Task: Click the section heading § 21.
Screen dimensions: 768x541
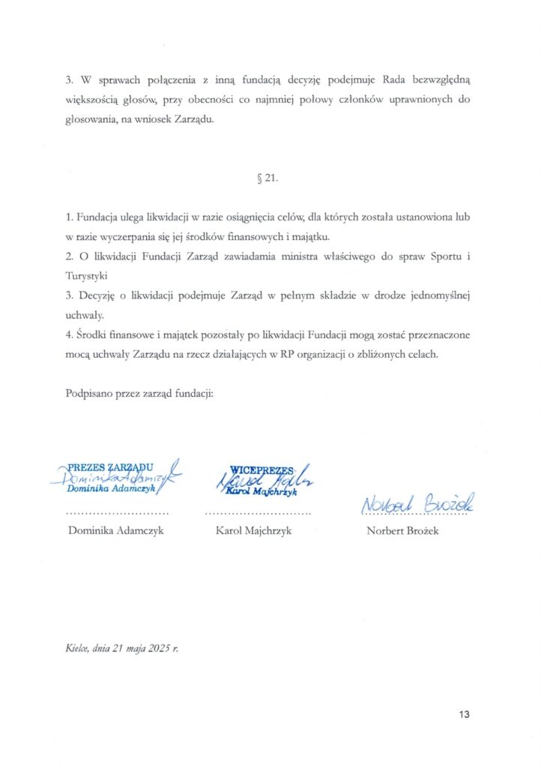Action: pos(268,179)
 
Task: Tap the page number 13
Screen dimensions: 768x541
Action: pos(465,715)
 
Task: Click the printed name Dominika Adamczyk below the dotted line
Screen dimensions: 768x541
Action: pos(115,531)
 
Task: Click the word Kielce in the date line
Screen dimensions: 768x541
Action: pos(77,649)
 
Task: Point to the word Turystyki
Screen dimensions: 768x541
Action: pos(87,276)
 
